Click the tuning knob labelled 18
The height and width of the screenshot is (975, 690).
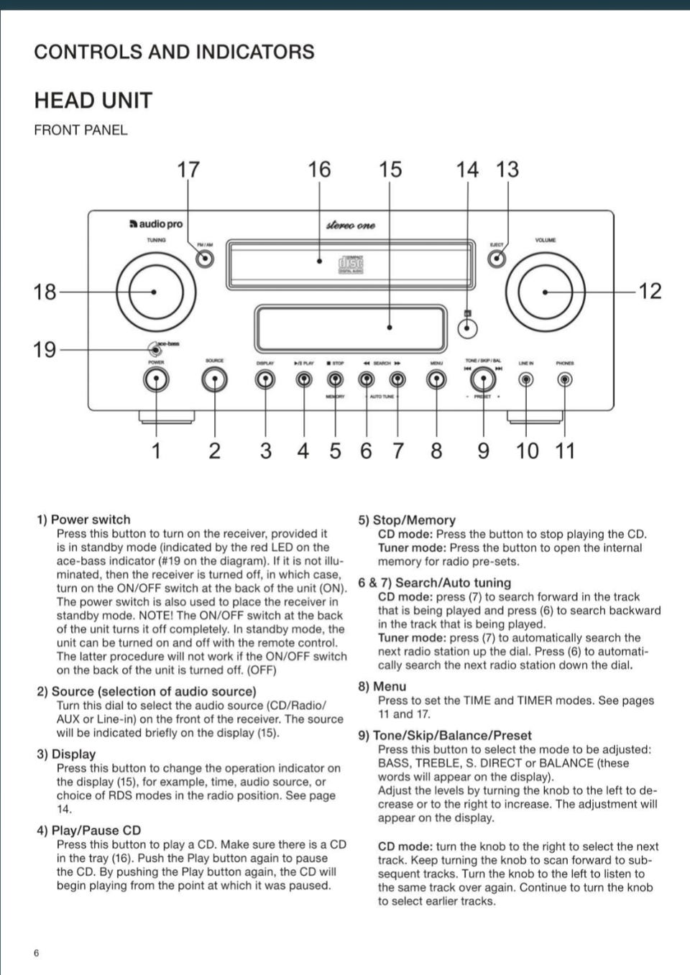(155, 292)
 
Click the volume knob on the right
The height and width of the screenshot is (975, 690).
(545, 292)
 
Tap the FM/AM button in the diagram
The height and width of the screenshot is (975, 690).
(205, 259)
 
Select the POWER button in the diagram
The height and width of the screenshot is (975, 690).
(156, 379)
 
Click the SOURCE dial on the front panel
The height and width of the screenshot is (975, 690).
(214, 379)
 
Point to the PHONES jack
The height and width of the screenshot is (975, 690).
(565, 379)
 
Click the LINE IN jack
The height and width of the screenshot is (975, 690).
(526, 379)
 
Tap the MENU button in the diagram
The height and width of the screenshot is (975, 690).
(436, 379)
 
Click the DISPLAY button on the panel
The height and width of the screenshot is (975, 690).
(265, 379)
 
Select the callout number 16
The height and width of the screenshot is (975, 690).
(319, 170)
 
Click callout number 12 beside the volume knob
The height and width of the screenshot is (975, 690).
(650, 291)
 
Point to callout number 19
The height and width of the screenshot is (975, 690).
(44, 350)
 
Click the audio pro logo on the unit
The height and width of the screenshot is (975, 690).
(156, 224)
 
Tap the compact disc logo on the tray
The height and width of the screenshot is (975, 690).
(351, 264)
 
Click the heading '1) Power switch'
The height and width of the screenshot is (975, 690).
(84, 519)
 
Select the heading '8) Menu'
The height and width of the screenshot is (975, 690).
(382, 686)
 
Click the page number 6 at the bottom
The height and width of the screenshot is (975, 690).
(37, 953)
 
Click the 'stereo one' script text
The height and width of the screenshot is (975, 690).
(351, 225)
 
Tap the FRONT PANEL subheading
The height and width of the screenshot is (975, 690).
(80, 130)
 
